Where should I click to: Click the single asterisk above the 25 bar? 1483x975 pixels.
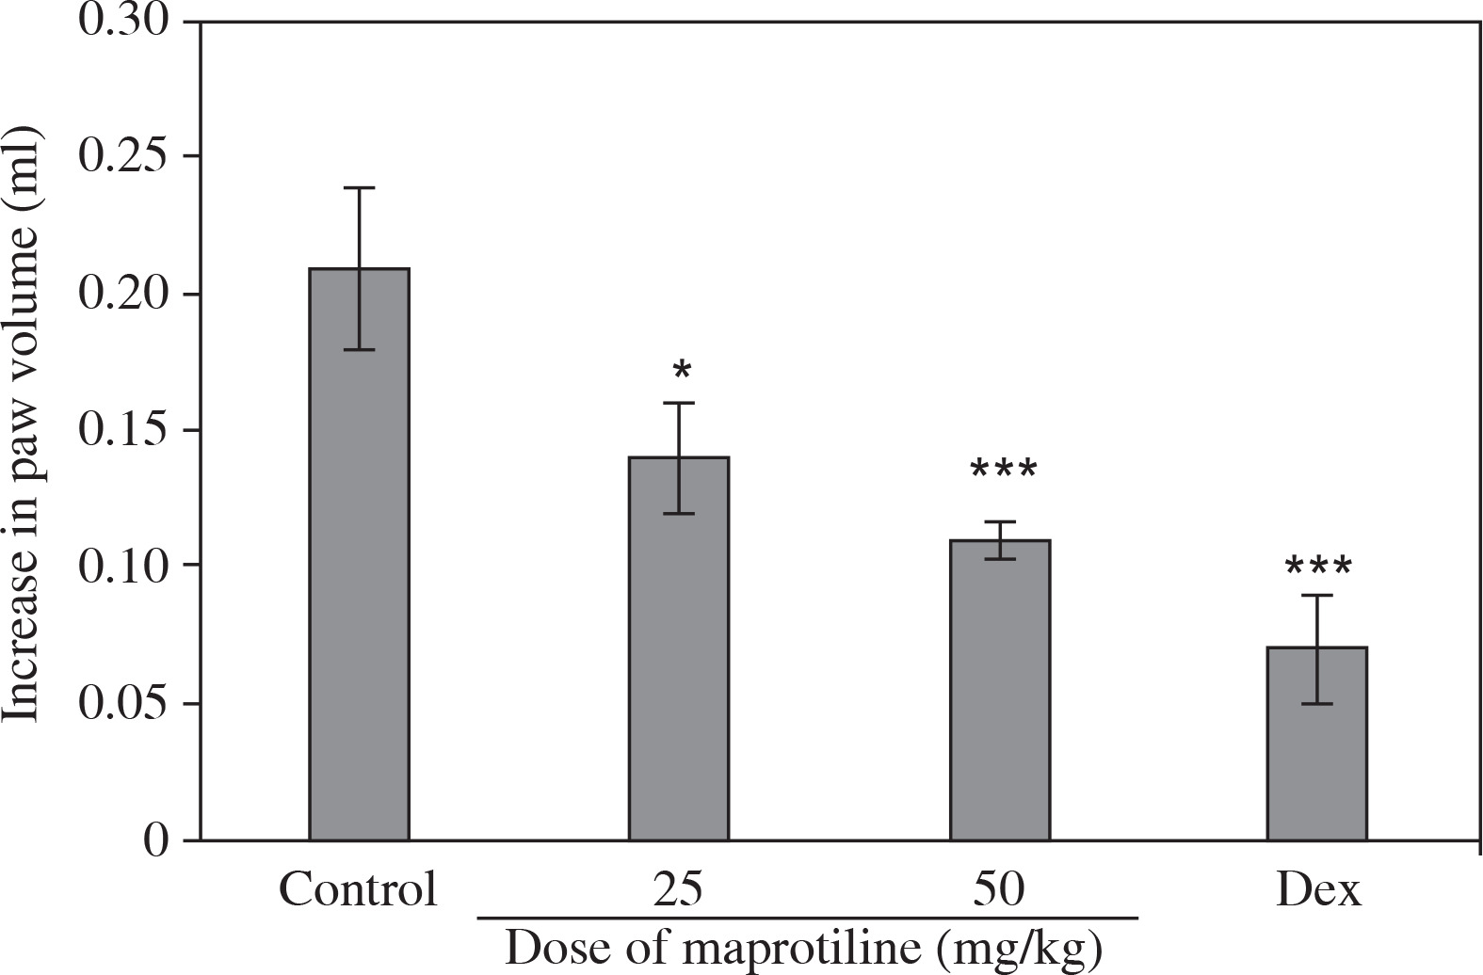tap(682, 371)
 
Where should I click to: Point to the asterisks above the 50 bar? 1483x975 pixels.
tap(1003, 470)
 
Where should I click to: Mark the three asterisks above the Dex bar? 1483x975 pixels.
tap(1318, 567)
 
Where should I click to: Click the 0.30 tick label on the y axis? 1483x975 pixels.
tap(124, 21)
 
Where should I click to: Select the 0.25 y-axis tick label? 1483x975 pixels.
tap(124, 156)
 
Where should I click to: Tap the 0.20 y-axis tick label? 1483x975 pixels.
tap(124, 294)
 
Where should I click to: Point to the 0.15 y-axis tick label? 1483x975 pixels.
tap(124, 430)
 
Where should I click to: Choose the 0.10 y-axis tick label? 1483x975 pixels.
tap(124, 566)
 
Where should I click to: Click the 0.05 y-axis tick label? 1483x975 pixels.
tap(124, 703)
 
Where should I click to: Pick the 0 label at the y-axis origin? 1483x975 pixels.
tap(156, 839)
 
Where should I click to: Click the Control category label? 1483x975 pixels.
tap(358, 888)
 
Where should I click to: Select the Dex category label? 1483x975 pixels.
tap(1318, 888)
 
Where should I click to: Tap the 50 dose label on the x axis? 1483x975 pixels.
tap(1000, 888)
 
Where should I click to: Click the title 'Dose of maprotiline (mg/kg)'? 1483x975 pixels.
tap(803, 949)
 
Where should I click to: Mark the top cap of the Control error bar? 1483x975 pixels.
tap(359, 188)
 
